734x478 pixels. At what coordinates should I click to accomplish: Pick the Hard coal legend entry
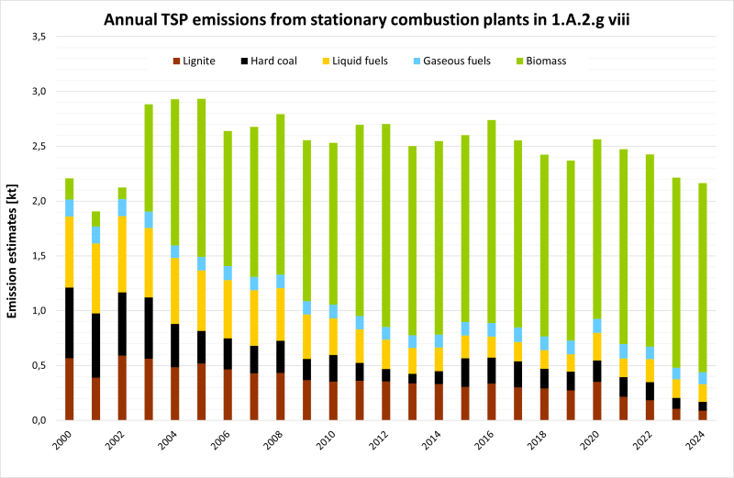280,61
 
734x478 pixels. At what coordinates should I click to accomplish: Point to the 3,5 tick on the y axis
38,37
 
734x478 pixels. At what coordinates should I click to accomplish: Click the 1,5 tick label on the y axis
38,256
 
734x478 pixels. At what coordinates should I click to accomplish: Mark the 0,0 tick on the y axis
38,420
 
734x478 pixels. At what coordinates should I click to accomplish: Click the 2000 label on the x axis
62,441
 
